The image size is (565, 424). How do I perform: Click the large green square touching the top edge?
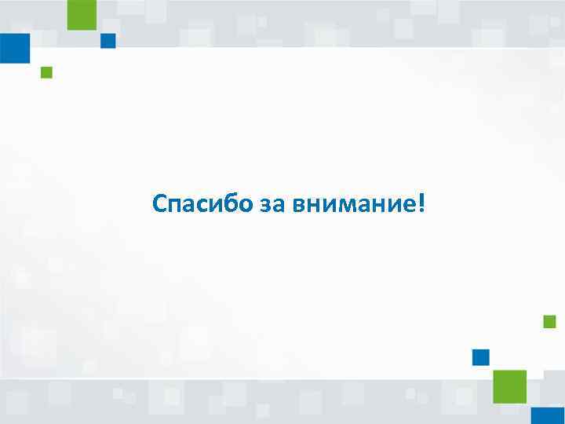tap(82, 15)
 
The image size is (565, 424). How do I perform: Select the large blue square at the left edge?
tap(14, 48)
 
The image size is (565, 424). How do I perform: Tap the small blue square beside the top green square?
tap(108, 41)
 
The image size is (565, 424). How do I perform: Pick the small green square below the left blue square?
tap(46, 73)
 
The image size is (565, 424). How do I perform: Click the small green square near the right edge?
tap(549, 321)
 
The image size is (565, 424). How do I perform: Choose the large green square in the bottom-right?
tap(509, 386)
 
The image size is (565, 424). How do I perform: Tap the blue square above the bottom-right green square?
tap(481, 357)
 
